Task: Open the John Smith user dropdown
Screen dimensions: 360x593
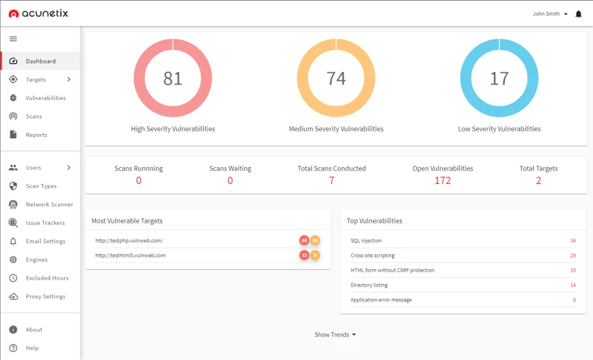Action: coord(550,14)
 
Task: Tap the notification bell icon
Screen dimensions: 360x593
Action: coord(578,14)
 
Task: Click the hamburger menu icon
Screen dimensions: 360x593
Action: coord(13,39)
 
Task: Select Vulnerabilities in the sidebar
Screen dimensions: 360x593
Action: coord(45,98)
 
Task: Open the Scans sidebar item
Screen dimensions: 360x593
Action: coord(34,117)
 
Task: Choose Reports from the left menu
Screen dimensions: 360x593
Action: coord(36,135)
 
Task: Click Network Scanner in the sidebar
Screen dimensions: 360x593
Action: coord(49,204)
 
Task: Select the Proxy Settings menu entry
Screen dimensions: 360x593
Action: coord(45,296)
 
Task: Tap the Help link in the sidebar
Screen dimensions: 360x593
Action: coord(32,348)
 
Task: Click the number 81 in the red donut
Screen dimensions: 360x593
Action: coord(173,78)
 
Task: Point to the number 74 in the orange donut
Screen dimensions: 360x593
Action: coord(336,78)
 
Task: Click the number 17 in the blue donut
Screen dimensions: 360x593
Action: coord(499,78)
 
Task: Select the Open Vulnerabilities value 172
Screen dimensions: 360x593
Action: coord(442,180)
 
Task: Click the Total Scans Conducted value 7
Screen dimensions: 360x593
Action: coord(332,180)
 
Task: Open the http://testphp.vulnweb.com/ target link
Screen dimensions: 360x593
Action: coord(129,240)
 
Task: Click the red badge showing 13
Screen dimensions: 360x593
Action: coord(304,255)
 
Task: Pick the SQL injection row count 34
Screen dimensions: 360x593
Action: coord(573,241)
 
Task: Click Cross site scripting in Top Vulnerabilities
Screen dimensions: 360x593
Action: coord(372,256)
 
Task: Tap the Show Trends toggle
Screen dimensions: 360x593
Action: coord(335,335)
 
